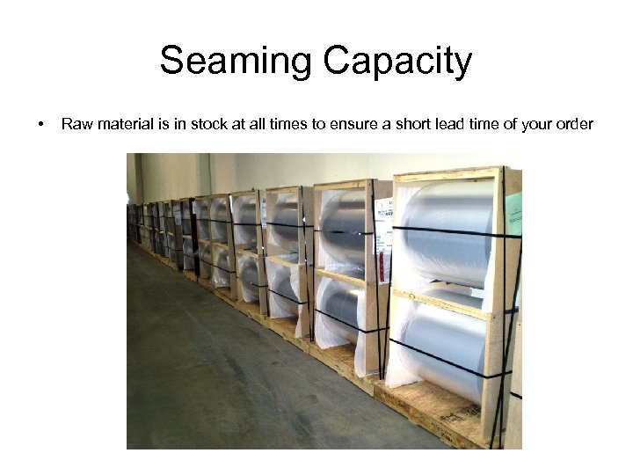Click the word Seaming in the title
click(x=236, y=62)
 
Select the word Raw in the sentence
click(x=74, y=124)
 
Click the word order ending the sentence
click(x=575, y=124)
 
